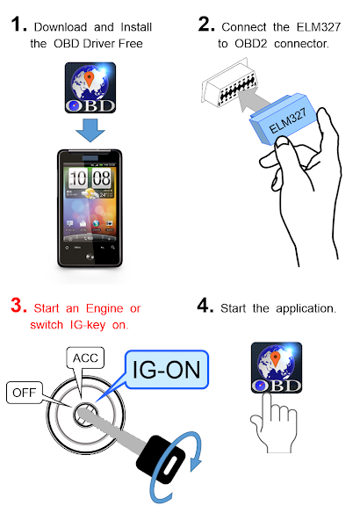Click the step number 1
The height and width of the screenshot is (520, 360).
(x=18, y=25)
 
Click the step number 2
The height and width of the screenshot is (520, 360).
(x=206, y=25)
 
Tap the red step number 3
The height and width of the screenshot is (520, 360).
(x=18, y=306)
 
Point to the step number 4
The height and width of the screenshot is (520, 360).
(x=205, y=306)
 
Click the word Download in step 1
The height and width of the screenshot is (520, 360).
(x=61, y=27)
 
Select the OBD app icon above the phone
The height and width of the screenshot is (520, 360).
(x=90, y=88)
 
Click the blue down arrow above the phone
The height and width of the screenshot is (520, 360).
(x=90, y=130)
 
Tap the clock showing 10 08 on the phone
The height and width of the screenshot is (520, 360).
(x=90, y=178)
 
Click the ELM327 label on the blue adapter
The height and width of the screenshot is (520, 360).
(x=288, y=120)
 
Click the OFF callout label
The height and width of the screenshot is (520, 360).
(x=25, y=393)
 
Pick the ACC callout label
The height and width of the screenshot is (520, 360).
(x=85, y=357)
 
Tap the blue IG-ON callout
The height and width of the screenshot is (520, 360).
(x=167, y=370)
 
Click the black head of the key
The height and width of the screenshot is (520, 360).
(x=161, y=459)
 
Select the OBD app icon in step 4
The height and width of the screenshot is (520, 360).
(x=277, y=368)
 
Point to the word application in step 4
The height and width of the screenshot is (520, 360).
(x=306, y=309)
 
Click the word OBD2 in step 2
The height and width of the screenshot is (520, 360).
(x=251, y=43)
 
